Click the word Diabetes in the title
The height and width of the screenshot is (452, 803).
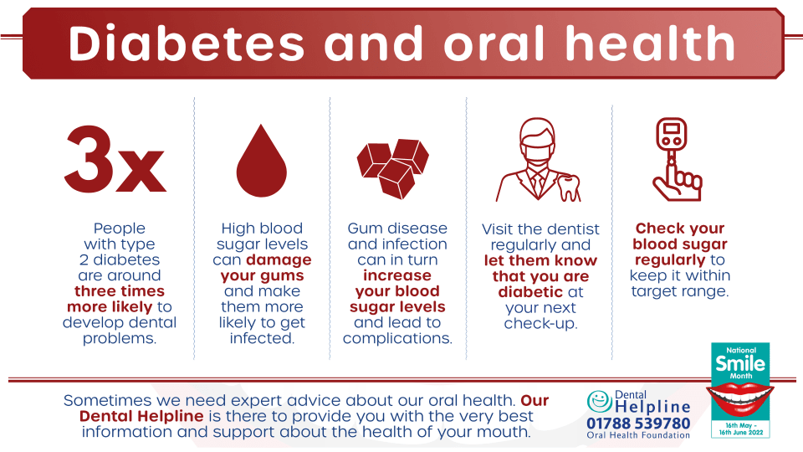pos(187,43)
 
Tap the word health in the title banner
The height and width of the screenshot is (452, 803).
pos(651,43)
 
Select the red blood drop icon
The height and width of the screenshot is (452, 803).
pos(261,161)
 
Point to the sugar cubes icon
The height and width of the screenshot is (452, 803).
pos(393,168)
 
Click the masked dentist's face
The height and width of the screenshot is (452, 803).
pos(537,142)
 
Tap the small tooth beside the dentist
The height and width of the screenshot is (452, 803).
pos(569,187)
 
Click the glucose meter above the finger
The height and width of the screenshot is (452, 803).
pos(672,134)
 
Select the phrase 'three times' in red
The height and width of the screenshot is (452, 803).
pos(120,291)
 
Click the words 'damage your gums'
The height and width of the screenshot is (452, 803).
pos(262,268)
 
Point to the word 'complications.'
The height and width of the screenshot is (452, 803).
pos(397,338)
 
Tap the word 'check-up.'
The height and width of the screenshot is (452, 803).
pos(541,323)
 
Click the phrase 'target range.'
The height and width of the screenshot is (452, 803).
pos(680,291)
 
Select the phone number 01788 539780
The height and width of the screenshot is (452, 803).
pos(638,424)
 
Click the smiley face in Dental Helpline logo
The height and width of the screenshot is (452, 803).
pos(599,401)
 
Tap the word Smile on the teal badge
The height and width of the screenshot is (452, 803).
pos(740,363)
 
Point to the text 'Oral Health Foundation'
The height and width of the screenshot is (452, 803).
pos(638,435)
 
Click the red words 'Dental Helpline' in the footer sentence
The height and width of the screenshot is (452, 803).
pos(141,416)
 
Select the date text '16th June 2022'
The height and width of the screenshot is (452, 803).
pos(741,433)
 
